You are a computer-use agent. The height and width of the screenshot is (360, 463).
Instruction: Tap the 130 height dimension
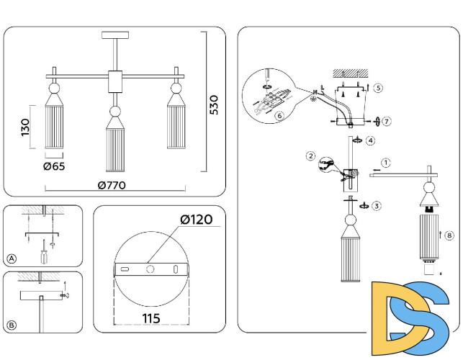point(25,127)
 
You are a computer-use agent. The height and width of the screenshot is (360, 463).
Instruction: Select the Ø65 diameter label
point(55,166)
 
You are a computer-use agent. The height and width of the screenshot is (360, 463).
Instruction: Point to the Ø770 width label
point(112,185)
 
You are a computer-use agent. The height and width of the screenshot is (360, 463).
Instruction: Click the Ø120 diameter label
point(196,219)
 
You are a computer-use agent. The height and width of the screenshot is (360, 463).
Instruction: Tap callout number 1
point(386,163)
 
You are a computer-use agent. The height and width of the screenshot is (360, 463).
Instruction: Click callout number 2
point(310,156)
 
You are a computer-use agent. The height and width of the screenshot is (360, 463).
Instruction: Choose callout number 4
point(370,140)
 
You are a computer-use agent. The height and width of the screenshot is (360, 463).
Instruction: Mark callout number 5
point(378,88)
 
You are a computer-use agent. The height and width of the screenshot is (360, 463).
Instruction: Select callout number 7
point(387,121)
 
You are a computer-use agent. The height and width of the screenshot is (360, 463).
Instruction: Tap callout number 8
point(449,235)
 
